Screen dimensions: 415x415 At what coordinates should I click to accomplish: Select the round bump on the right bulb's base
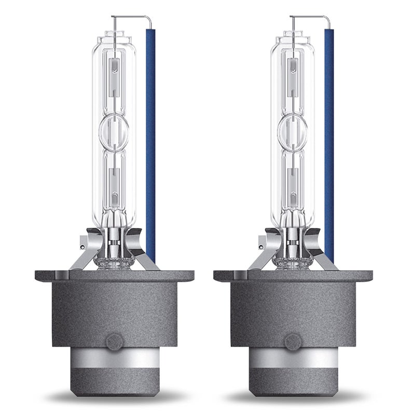tap(292, 343)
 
